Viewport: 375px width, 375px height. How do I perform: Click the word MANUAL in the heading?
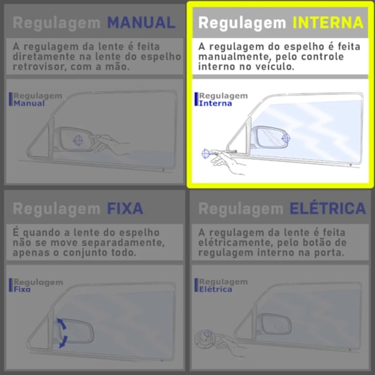pyautogui.click(x=142, y=23)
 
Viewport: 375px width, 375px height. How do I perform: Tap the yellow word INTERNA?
pyautogui.click(x=328, y=23)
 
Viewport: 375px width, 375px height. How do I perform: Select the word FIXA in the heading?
pyautogui.click(x=125, y=208)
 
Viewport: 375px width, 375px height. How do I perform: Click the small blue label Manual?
pyautogui.click(x=29, y=103)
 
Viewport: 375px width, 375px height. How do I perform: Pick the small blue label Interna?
pyautogui.click(x=215, y=103)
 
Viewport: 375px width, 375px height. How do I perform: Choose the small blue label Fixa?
pyautogui.click(x=22, y=289)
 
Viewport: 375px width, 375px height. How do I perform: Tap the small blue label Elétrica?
pyautogui.click(x=215, y=289)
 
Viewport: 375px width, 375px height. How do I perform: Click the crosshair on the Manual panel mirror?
pyautogui.click(x=78, y=140)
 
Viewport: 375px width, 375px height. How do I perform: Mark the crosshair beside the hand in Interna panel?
pyautogui.click(x=206, y=154)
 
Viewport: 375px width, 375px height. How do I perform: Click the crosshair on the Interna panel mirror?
pyautogui.click(x=286, y=138)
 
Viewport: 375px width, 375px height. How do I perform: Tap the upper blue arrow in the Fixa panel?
pyautogui.click(x=62, y=323)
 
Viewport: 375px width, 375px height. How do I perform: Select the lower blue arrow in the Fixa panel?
pyautogui.click(x=63, y=342)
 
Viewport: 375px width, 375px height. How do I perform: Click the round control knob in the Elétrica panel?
pyautogui.click(x=206, y=338)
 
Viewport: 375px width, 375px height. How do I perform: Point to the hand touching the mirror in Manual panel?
pyautogui.click(x=110, y=144)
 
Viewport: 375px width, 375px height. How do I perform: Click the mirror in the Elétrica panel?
pyautogui.click(x=275, y=324)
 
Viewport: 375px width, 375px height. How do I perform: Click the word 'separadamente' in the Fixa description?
pyautogui.click(x=123, y=243)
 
